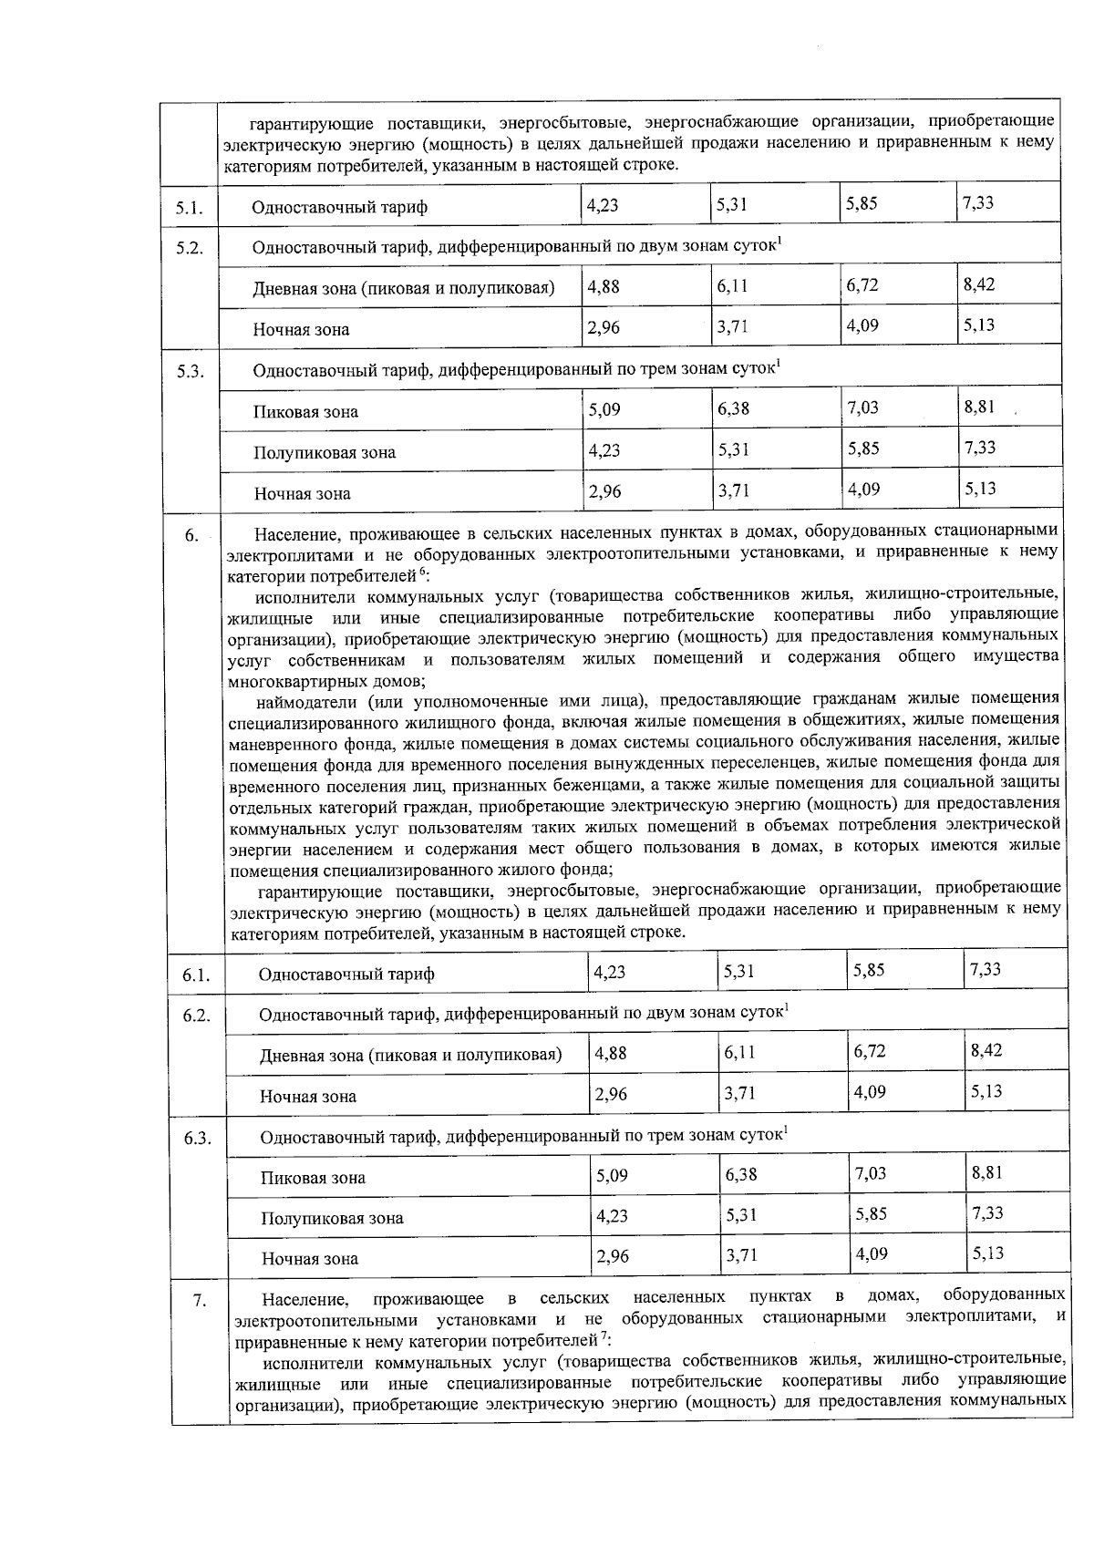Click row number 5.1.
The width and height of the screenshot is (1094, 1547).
189,208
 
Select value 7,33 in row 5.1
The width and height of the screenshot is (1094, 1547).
977,203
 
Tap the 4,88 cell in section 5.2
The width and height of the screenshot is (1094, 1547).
604,285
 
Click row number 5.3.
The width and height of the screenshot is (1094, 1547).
190,372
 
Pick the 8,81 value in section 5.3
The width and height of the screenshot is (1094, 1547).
979,407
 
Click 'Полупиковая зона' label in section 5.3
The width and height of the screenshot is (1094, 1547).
325,453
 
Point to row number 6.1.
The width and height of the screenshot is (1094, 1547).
196,975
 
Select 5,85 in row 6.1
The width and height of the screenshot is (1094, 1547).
869,970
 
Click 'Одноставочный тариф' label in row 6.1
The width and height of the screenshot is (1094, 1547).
346,975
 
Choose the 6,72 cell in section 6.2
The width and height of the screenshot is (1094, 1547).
870,1051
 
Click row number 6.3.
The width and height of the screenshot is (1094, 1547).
197,1139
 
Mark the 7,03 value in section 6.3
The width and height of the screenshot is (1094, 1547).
871,1173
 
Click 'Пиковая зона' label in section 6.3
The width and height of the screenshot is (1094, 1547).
313,1178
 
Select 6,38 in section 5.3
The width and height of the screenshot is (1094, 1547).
733,408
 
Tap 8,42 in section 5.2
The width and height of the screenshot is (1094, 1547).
978,284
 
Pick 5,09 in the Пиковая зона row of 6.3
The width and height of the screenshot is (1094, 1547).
612,1175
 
